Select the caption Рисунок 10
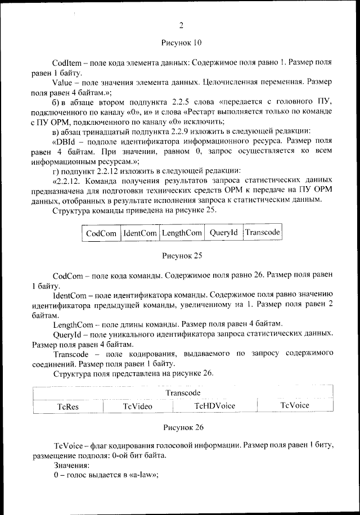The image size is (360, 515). click(x=181, y=42)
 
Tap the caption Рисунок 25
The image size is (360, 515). click(x=181, y=255)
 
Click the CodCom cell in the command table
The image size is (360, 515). click(x=101, y=233)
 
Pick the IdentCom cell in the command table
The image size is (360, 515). click(x=140, y=233)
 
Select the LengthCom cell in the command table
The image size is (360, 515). click(x=181, y=233)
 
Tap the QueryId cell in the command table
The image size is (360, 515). click(x=223, y=233)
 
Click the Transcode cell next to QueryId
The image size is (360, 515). click(x=263, y=232)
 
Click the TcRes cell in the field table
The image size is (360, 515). click(x=68, y=406)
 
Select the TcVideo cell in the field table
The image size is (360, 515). click(x=138, y=406)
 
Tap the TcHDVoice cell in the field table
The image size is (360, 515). click(x=215, y=405)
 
